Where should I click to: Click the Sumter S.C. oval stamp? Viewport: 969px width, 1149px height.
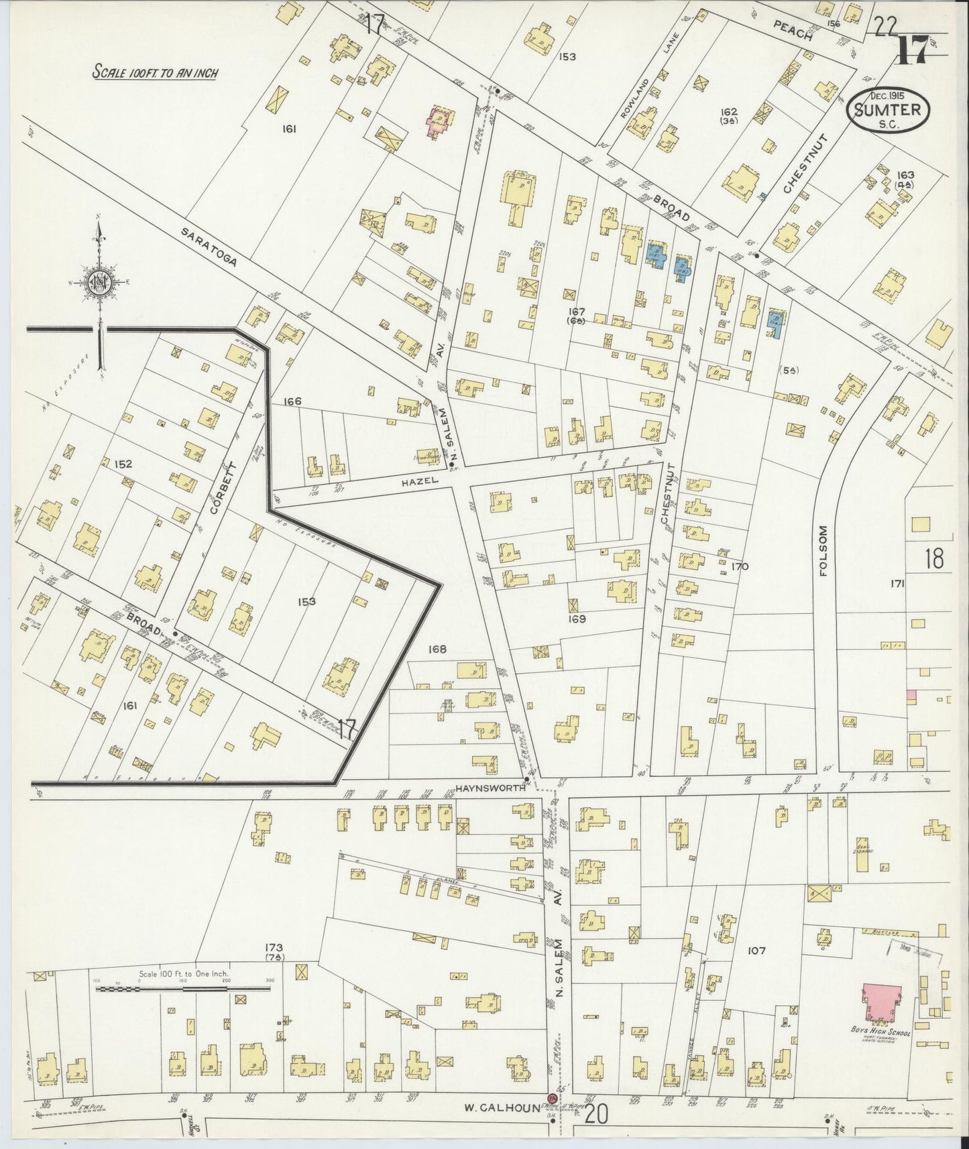[889, 112]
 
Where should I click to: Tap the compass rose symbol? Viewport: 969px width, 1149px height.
[99, 282]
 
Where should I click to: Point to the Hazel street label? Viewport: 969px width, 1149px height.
[420, 481]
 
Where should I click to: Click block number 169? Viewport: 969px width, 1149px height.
[577, 619]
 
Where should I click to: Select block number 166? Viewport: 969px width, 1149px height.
[292, 402]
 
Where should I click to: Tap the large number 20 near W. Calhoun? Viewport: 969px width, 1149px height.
[596, 1114]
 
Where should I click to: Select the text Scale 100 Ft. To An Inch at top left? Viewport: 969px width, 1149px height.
[155, 72]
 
